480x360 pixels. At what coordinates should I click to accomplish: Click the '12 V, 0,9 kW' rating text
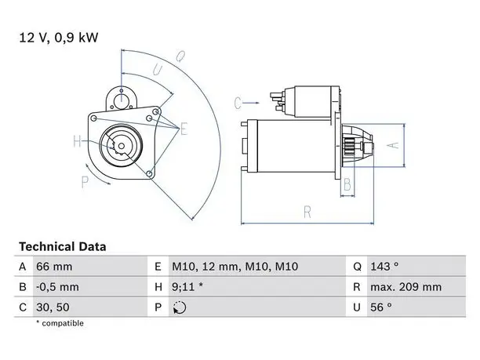pos(59,38)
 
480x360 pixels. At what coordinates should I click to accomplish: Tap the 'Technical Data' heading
pos(63,246)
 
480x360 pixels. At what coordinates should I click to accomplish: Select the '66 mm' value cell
pos(54,267)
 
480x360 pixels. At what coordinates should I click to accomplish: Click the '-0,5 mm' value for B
pos(57,287)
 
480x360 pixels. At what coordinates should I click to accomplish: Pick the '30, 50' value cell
pos(53,307)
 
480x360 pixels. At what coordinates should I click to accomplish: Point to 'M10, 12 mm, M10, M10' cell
pos(235,267)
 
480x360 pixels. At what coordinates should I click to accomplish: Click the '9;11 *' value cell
pos(187,287)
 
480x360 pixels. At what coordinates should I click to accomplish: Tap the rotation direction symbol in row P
pos(180,307)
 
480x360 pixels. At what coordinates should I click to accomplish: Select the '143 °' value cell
pos(384,267)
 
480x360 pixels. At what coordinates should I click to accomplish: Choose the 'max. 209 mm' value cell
pos(406,287)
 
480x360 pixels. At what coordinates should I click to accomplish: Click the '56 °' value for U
pos(381,307)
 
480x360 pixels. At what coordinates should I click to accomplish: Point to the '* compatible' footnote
pos(60,323)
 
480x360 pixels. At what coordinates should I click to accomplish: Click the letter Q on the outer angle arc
pos(180,56)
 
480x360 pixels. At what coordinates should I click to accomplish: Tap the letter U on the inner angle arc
pos(158,70)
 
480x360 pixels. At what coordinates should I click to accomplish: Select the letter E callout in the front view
pos(184,129)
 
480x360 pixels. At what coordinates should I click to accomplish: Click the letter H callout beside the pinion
pos(77,141)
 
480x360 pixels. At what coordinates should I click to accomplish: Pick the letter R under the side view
pos(307,212)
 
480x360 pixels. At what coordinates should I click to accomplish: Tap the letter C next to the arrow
pos(238,103)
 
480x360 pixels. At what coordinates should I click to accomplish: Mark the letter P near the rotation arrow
pos(85,182)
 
